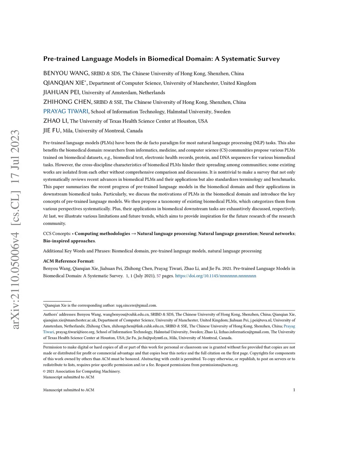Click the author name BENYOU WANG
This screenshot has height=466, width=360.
click(x=66, y=74)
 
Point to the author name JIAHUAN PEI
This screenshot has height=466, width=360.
click(x=62, y=92)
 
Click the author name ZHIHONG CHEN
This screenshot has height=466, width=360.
click(x=67, y=102)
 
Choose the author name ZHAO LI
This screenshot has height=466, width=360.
click(x=56, y=121)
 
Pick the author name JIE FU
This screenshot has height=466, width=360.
click(x=52, y=130)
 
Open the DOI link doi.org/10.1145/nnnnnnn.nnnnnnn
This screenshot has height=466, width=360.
click(x=216, y=276)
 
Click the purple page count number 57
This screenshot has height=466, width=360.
click(x=159, y=276)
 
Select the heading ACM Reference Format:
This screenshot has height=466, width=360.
click(x=69, y=261)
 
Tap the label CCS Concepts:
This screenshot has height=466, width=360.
click(x=57, y=234)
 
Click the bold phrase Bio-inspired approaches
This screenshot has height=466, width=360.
click(x=69, y=241)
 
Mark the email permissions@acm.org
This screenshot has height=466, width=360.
click(x=219, y=365)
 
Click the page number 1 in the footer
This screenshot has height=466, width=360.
click(x=294, y=390)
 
